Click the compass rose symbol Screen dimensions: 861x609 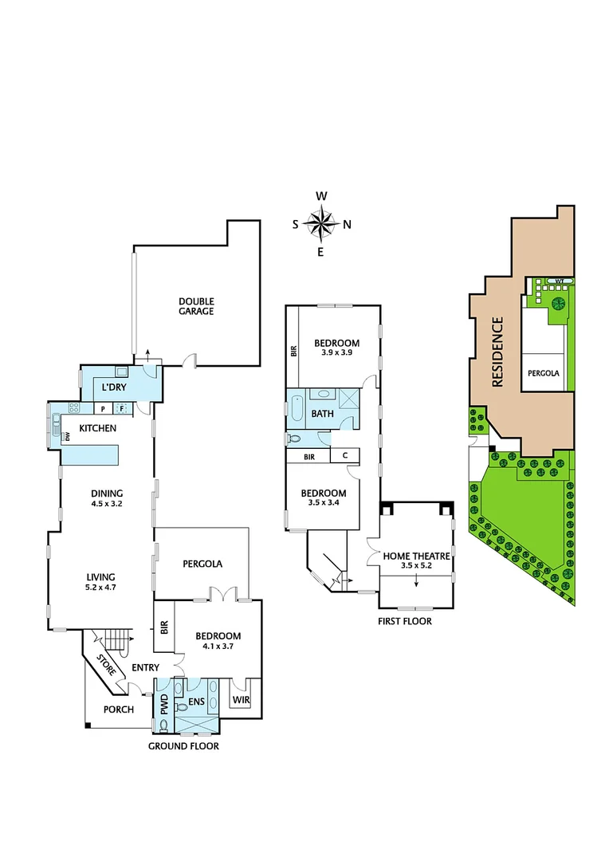pyautogui.click(x=321, y=223)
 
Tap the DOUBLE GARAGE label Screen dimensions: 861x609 pyautogui.click(x=196, y=306)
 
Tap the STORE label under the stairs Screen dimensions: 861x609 pyautogui.click(x=106, y=665)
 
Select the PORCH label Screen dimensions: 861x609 pyautogui.click(x=119, y=710)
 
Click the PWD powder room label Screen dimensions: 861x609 pyautogui.click(x=163, y=704)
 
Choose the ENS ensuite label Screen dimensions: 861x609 pyautogui.click(x=197, y=704)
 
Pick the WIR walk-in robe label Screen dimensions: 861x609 pyautogui.click(x=241, y=701)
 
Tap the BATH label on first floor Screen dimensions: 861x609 pyautogui.click(x=322, y=414)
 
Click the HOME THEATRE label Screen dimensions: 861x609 pyautogui.click(x=417, y=556)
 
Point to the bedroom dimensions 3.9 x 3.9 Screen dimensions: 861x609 pyautogui.click(x=336, y=352)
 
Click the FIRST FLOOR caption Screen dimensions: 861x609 pyautogui.click(x=405, y=621)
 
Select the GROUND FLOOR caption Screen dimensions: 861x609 pyautogui.click(x=183, y=746)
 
